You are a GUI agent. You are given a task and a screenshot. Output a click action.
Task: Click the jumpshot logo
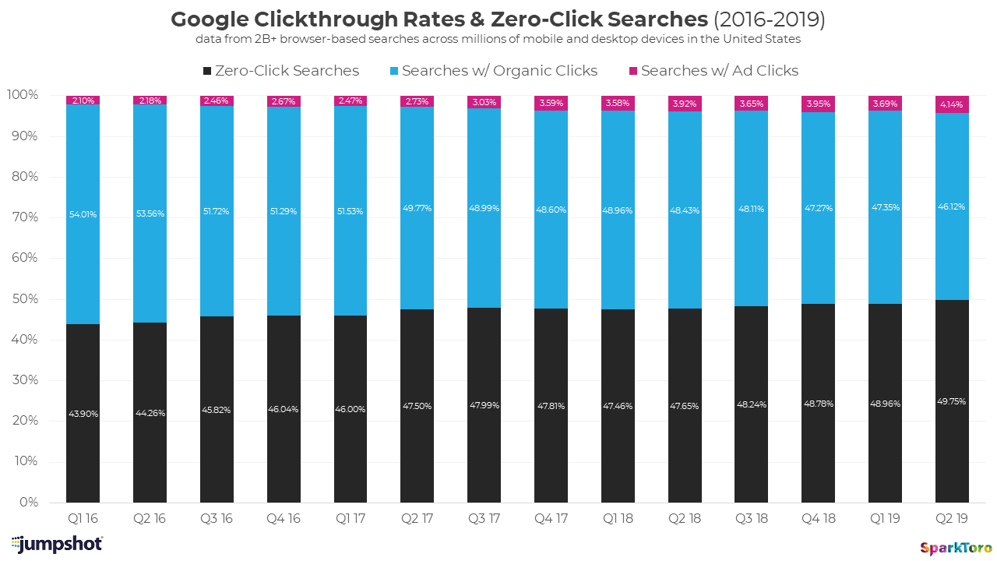click(x=57, y=544)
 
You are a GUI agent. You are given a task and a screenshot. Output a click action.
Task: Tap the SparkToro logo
click(x=956, y=548)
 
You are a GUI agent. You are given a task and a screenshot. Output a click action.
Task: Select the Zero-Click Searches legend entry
click(x=280, y=71)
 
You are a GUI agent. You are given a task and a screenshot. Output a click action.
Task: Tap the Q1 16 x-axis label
click(x=83, y=519)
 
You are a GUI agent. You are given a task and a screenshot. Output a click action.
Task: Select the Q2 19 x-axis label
click(x=953, y=519)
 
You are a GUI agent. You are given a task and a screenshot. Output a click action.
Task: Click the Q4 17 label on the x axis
click(x=551, y=519)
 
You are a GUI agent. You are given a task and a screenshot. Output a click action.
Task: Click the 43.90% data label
click(x=83, y=414)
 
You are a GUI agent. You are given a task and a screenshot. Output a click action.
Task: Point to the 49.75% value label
click(x=953, y=402)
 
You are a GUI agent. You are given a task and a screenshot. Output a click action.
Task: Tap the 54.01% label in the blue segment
click(x=83, y=214)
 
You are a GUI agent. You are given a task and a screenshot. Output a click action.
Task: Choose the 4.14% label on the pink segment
click(x=953, y=104)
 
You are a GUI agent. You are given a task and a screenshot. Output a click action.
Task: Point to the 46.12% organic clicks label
click(x=953, y=207)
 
